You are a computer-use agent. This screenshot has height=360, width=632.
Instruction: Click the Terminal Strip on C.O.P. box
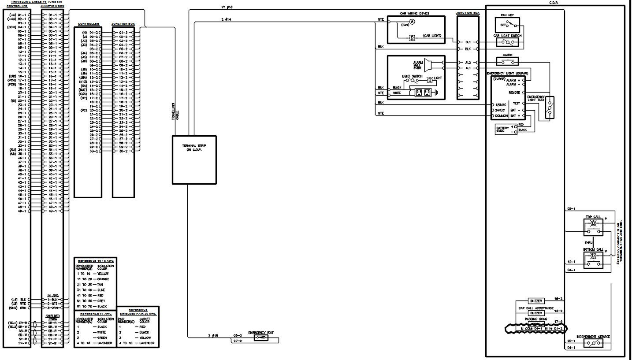click(194, 160)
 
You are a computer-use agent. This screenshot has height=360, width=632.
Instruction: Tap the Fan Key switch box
click(507, 22)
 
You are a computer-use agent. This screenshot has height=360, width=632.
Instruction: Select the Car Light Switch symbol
click(509, 43)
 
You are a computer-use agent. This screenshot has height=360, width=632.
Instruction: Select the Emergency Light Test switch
click(549, 108)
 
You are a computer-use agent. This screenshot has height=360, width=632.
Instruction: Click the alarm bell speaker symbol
click(429, 65)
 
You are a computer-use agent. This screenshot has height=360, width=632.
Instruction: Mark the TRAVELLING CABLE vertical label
click(175, 111)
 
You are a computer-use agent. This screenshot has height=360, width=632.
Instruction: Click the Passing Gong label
click(536, 318)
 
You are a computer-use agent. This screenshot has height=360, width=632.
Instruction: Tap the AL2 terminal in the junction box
click(468, 63)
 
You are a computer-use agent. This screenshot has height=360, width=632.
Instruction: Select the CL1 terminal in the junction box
click(468, 42)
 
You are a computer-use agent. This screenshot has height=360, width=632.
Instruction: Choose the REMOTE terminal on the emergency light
click(514, 93)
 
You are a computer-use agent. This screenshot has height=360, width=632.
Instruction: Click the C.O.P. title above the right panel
click(554, 2)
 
